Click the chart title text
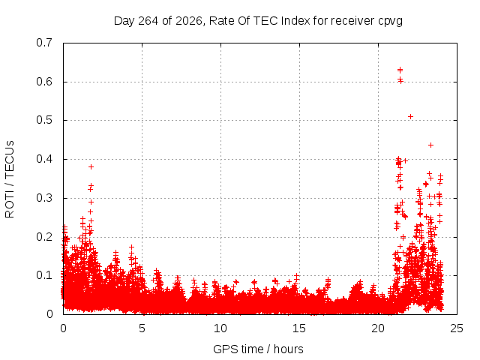pyautogui.click(x=258, y=21)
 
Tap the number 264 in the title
pyautogui.click(x=148, y=21)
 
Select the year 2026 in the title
pyautogui.click(x=189, y=21)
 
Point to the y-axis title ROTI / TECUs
pyautogui.click(x=10, y=179)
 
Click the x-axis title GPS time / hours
pyautogui.click(x=258, y=349)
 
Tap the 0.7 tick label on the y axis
pyautogui.click(x=44, y=43)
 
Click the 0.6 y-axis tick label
pyautogui.click(x=44, y=82)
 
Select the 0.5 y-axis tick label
pyautogui.click(x=44, y=120)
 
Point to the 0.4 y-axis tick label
pyautogui.click(x=44, y=159)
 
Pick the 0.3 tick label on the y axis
pyautogui.click(x=44, y=198)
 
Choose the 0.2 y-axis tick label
pyautogui.click(x=44, y=237)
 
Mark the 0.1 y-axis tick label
pyautogui.click(x=44, y=275)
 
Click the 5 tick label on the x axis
pyautogui.click(x=142, y=328)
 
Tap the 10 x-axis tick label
pyautogui.click(x=220, y=328)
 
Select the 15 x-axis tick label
pyautogui.click(x=299, y=328)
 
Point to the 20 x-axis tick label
pyautogui.click(x=378, y=328)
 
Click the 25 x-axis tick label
pyautogui.click(x=457, y=328)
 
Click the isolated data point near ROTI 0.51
pyautogui.click(x=410, y=117)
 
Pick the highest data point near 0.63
pyautogui.click(x=400, y=70)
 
